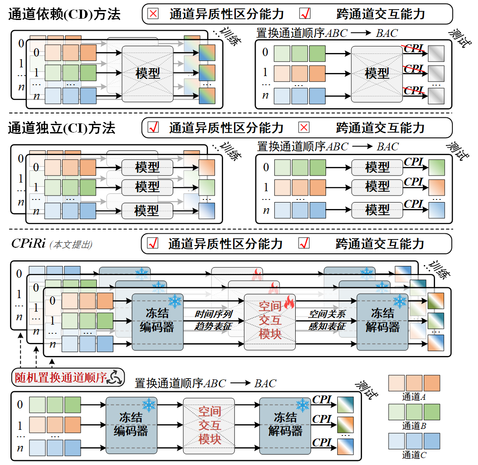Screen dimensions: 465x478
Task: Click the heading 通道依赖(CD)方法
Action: [x=64, y=14]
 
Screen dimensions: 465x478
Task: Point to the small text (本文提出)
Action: [x=71, y=245]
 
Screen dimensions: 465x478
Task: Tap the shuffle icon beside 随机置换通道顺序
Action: [x=115, y=377]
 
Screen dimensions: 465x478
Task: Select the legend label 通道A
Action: [x=413, y=396]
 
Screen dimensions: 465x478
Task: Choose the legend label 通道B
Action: [x=413, y=425]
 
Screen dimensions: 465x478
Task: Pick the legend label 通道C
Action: [x=413, y=455]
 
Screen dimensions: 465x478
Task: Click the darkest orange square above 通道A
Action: [x=432, y=383]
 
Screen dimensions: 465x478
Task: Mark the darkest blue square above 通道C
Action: [x=432, y=441]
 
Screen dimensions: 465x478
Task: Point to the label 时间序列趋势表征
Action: [x=213, y=320]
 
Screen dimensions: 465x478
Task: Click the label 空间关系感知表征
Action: [x=327, y=320]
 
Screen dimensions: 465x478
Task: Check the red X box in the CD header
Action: [x=153, y=14]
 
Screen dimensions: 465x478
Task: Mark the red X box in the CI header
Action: [x=304, y=128]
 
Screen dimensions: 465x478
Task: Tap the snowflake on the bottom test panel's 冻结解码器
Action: [x=302, y=405]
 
